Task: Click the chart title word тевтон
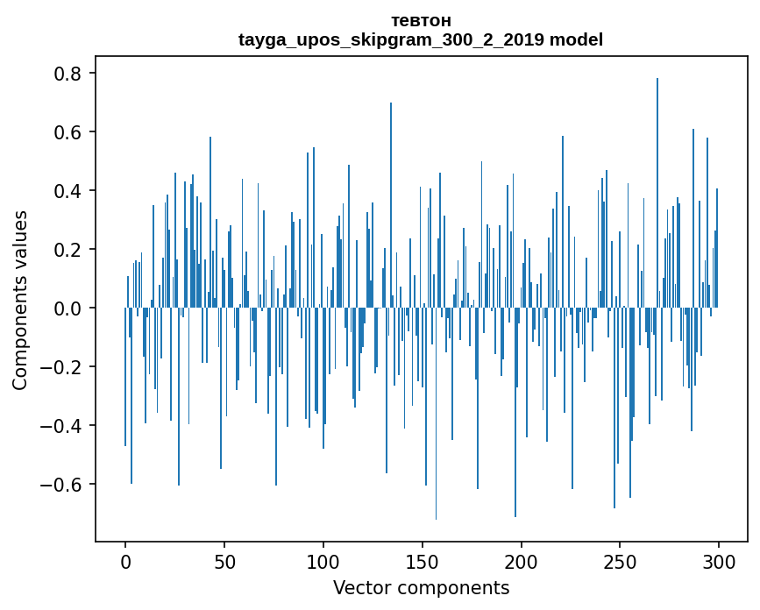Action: pyautogui.click(x=421, y=21)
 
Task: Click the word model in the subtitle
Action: pyautogui.click(x=576, y=39)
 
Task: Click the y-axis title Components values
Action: pyautogui.click(x=20, y=301)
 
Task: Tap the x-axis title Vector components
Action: pyautogui.click(x=421, y=588)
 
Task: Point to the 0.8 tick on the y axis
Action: pyautogui.click(x=67, y=74)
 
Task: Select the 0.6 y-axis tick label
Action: pyautogui.click(x=67, y=132)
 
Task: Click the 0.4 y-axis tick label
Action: pyautogui.click(x=67, y=191)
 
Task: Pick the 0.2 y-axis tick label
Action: pyautogui.click(x=67, y=250)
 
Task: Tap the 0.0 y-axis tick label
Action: pyautogui.click(x=67, y=309)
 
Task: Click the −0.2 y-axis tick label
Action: pyautogui.click(x=60, y=366)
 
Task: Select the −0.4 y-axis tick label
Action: pyautogui.click(x=60, y=426)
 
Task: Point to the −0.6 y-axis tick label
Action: pyautogui.click(x=60, y=485)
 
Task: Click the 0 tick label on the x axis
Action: pyautogui.click(x=125, y=562)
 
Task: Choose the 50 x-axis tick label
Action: pyautogui.click(x=224, y=562)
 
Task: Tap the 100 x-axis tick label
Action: pyautogui.click(x=323, y=562)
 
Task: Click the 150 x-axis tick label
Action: pyautogui.click(x=423, y=562)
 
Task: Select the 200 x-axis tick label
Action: pyautogui.click(x=521, y=562)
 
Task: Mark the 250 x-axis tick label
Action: pyautogui.click(x=620, y=562)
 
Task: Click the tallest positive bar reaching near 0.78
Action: pyautogui.click(x=657, y=193)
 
